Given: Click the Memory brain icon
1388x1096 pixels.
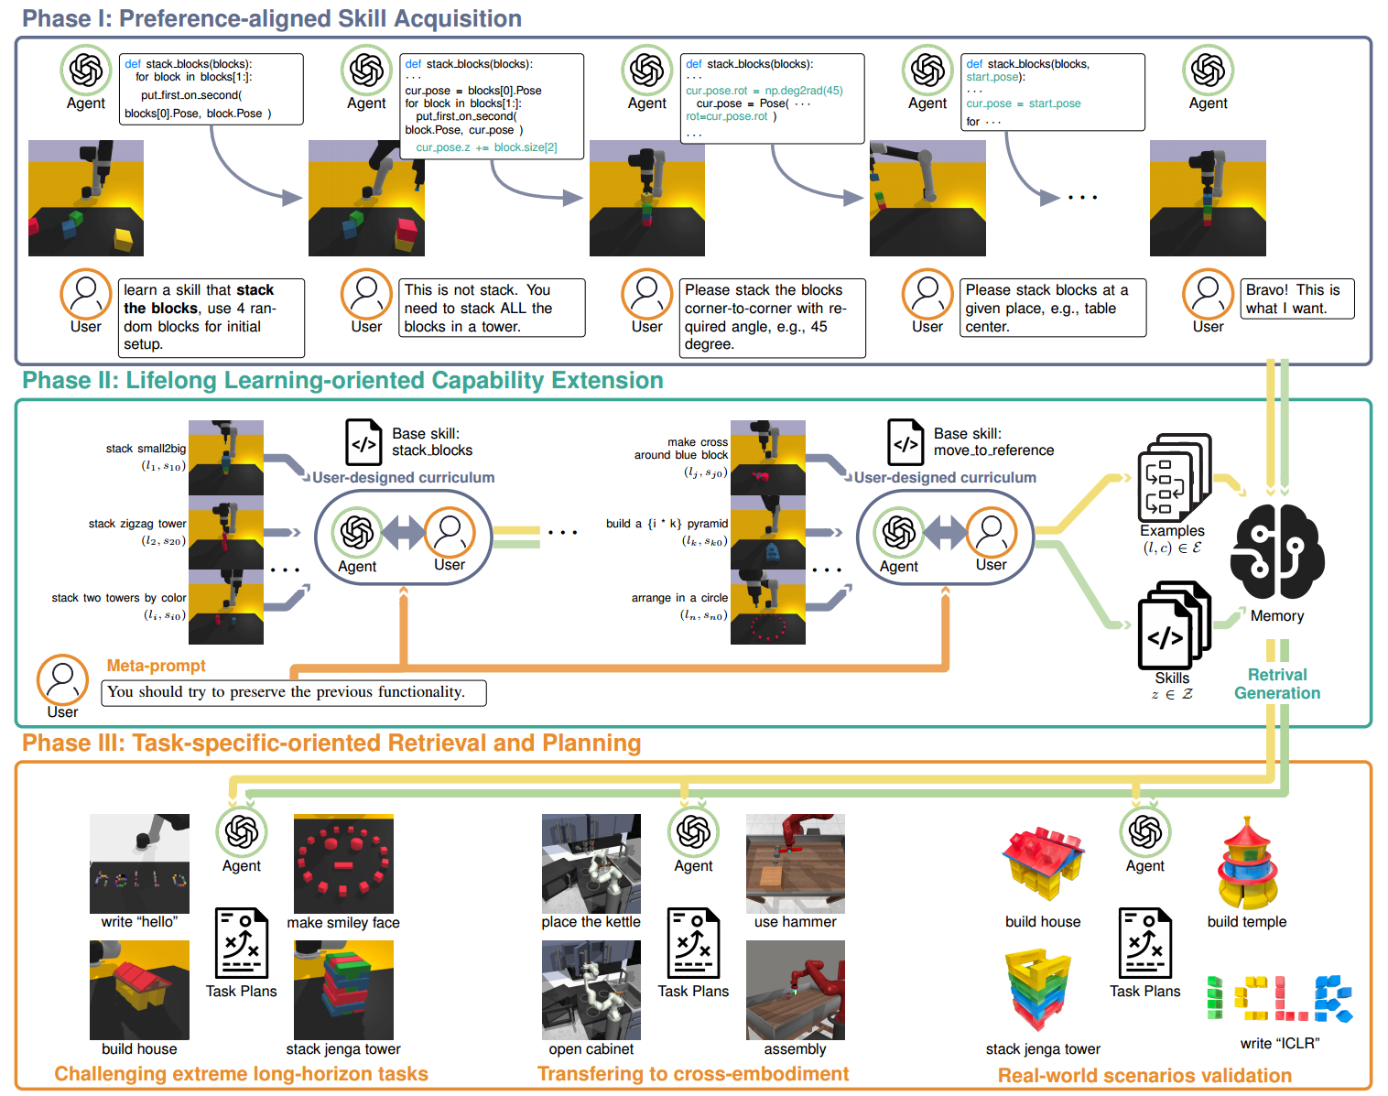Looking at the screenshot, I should point(1276,552).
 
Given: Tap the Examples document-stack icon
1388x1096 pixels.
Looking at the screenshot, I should point(1173,477).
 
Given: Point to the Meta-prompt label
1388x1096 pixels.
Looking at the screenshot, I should point(156,666).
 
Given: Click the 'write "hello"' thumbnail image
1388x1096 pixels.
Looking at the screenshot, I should point(139,863).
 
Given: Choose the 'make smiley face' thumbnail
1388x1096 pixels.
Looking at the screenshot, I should point(343,863).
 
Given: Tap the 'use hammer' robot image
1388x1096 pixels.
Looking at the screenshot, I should point(795,863).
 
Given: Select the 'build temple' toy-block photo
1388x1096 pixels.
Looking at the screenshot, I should point(1247,863).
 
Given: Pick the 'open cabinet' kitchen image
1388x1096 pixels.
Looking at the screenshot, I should point(591,990).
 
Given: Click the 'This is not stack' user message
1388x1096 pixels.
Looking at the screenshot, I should point(492,308).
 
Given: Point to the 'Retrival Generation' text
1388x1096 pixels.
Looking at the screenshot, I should point(1277,684).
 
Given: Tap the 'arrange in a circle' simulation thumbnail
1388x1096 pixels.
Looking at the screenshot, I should point(767,607).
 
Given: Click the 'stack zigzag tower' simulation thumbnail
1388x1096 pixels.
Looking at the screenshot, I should point(225,532).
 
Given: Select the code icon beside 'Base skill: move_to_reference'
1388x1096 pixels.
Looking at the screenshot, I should point(905,442).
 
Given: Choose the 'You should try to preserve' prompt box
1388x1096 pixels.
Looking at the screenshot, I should point(294,692).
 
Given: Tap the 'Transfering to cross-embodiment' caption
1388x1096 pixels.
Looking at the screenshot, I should point(692,1074).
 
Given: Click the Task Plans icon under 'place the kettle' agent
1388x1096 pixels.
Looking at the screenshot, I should point(693,943).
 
